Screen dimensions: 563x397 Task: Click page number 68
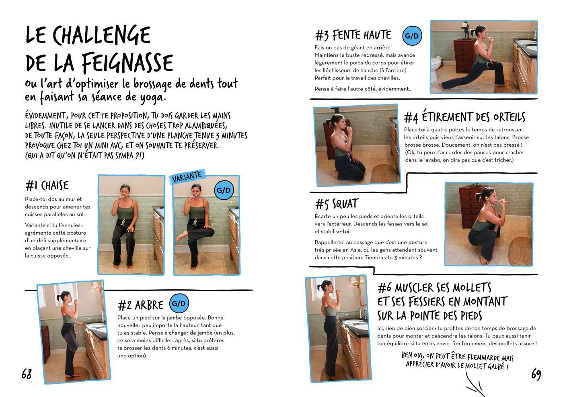[27, 374]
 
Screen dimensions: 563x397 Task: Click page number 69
[536, 374]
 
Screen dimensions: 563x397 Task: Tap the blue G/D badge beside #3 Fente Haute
[412, 36]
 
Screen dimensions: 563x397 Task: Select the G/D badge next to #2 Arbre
[179, 303]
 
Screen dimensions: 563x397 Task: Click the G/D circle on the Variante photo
[224, 190]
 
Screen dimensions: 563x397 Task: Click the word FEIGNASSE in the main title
[127, 63]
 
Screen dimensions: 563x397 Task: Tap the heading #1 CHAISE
[47, 186]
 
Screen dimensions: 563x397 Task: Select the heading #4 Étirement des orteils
[465, 117]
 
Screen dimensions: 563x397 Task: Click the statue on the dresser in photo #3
[466, 30]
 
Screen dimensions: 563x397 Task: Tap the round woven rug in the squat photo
[520, 251]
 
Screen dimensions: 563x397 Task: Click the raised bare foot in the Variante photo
[182, 236]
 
